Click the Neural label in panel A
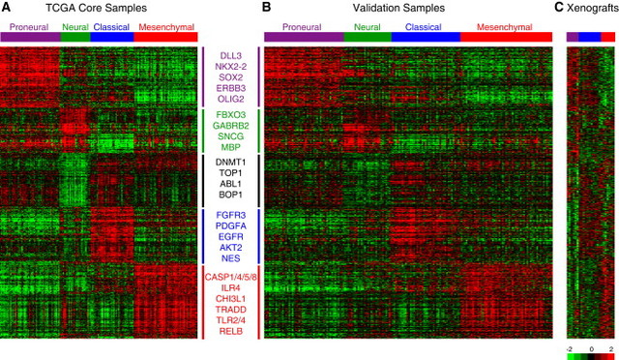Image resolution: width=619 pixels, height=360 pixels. [x=74, y=27]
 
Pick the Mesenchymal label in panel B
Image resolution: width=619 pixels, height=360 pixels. [x=505, y=27]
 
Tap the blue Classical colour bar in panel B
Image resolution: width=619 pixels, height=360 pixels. [x=427, y=37]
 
